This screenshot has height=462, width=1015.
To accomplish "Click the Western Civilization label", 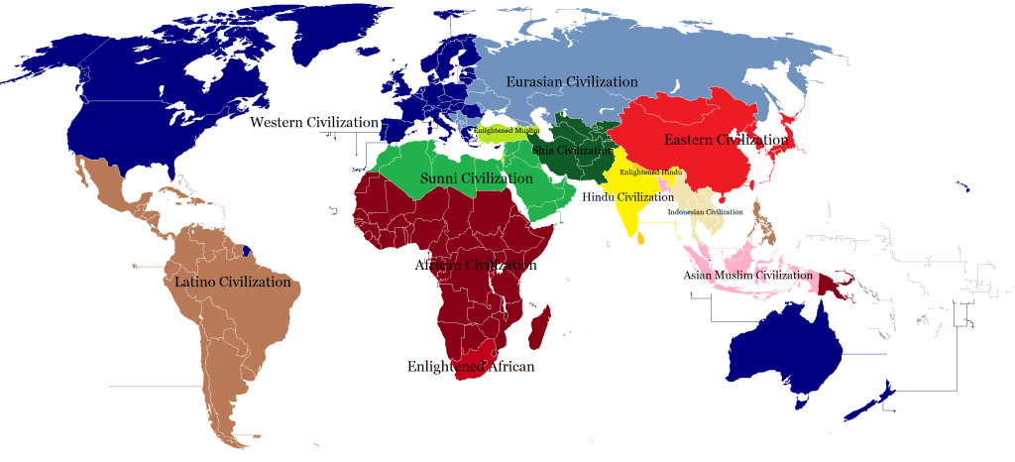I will (x=314, y=122).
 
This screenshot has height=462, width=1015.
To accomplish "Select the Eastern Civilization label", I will (x=726, y=139).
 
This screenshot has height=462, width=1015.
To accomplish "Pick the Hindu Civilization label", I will (x=627, y=196).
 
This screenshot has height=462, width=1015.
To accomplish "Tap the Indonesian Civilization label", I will (x=705, y=212).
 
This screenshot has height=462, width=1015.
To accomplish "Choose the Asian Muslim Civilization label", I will (x=747, y=275).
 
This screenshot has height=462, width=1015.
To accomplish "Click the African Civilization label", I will (x=476, y=265).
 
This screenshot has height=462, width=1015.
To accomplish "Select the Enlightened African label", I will (x=471, y=367).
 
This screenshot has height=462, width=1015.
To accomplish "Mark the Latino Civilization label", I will (x=232, y=283).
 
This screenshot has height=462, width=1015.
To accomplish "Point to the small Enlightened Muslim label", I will (x=507, y=131).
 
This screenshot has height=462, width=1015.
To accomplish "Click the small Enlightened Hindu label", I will (x=651, y=173).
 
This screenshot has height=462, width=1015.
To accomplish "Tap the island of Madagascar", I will (x=540, y=327).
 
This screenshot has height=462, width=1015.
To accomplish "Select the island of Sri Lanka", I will (x=642, y=238).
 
